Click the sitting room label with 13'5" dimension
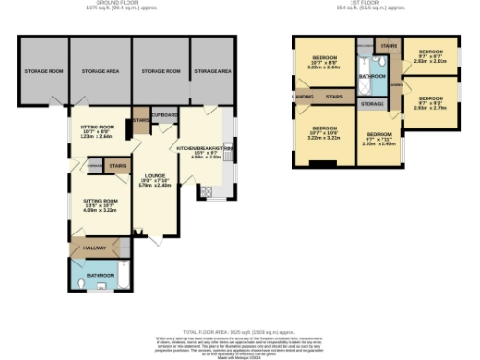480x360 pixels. tap(100, 203)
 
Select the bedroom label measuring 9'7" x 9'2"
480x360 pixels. tap(430, 101)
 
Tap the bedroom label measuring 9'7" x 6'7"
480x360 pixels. tap(430, 55)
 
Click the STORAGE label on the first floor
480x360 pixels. tap(372, 103)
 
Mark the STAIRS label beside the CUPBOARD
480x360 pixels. tap(141, 120)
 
